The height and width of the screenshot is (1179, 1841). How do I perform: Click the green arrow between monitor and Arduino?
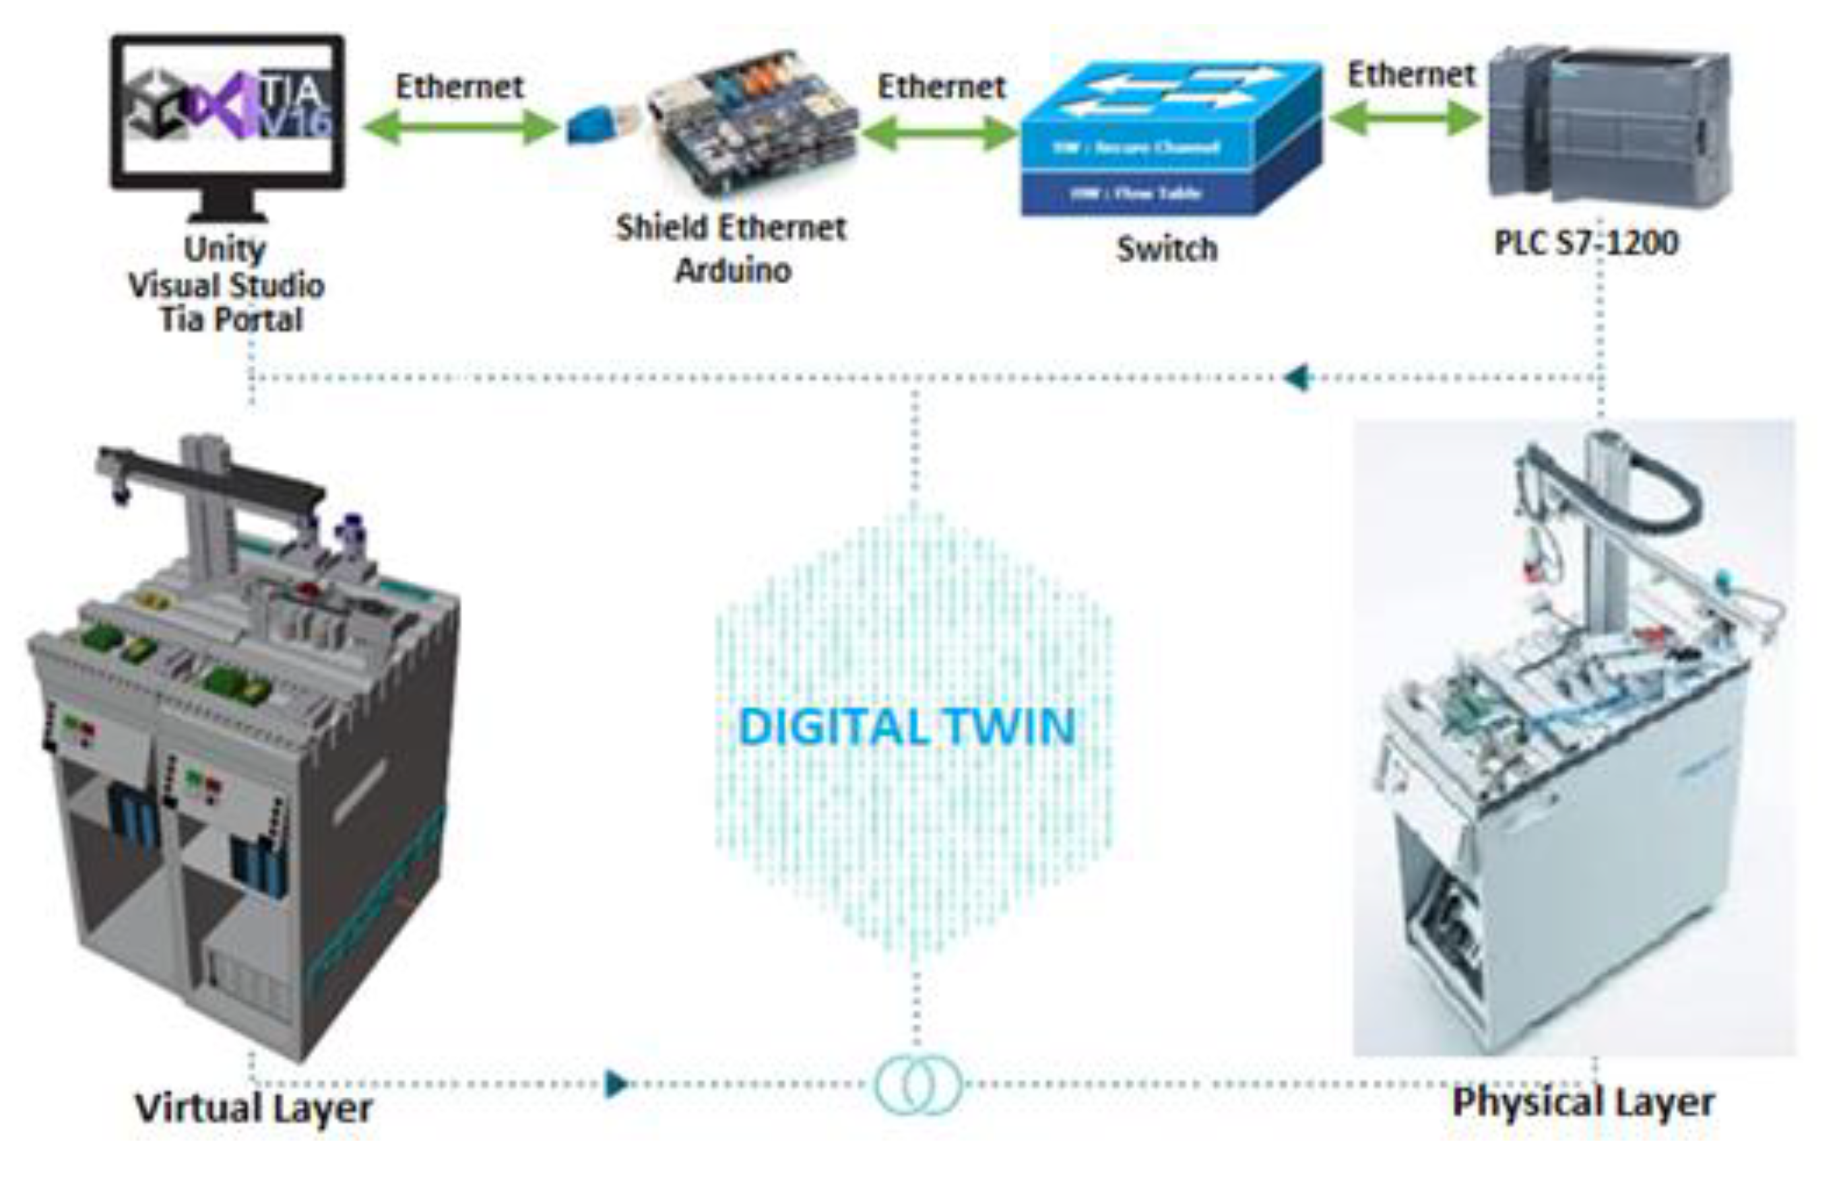[x=459, y=127]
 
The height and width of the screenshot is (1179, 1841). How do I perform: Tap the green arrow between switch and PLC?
[x=1406, y=119]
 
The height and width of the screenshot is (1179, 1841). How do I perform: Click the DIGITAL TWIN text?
[x=907, y=727]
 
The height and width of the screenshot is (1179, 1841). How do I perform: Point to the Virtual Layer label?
[x=253, y=1108]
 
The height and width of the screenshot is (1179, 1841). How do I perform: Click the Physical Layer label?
[x=1583, y=1103]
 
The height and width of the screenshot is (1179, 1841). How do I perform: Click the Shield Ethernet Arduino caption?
[x=732, y=249]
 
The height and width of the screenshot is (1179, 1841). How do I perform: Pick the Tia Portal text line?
[x=231, y=320]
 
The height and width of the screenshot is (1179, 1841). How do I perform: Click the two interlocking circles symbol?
[x=917, y=1084]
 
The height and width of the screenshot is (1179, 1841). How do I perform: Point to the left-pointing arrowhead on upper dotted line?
[x=1299, y=378]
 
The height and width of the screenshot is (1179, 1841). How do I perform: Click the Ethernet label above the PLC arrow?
[x=1411, y=75]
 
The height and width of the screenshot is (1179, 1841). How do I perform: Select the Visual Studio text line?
[x=227, y=285]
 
